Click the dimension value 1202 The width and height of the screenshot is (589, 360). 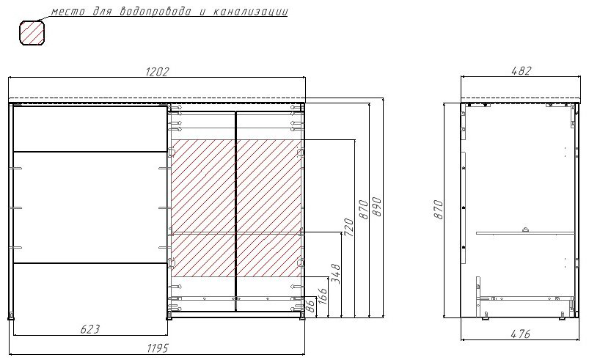[x=158, y=72]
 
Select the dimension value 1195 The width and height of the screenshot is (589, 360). [x=158, y=348]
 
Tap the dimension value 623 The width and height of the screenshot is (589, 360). [x=90, y=329]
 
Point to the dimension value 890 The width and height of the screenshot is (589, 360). [x=377, y=207]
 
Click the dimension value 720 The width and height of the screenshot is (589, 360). [x=348, y=227]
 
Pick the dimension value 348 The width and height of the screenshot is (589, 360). [x=336, y=273]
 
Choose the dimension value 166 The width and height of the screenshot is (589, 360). [x=323, y=296]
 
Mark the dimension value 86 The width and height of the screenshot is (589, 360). [x=310, y=306]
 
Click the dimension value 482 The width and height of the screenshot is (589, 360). [x=522, y=70]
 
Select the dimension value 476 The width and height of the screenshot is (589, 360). [x=520, y=334]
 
